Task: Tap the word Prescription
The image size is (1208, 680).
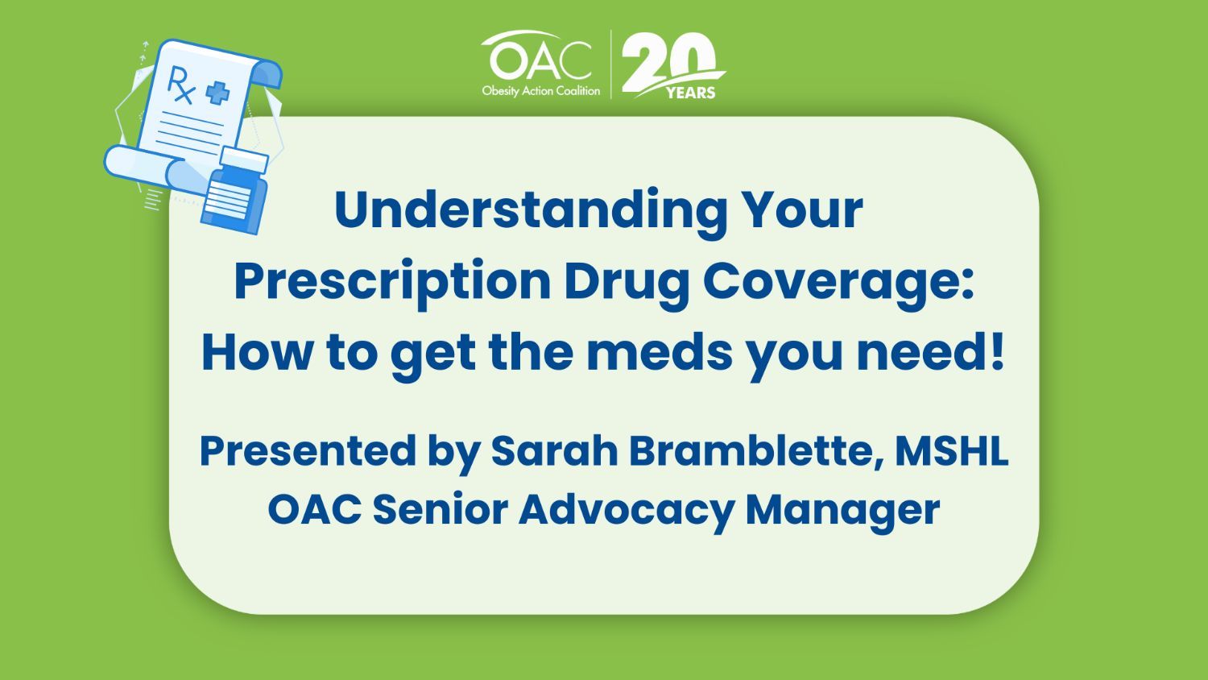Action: click(x=392, y=283)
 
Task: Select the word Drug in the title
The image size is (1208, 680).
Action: click(x=627, y=283)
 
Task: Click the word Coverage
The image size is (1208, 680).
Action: click(x=838, y=283)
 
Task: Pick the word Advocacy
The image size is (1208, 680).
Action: click(x=626, y=510)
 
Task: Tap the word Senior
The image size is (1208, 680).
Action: click(x=441, y=509)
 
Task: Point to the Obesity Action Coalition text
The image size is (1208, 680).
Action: click(x=541, y=91)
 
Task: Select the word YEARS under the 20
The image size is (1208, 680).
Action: click(x=690, y=93)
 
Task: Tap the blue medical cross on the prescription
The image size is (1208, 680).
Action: click(x=217, y=93)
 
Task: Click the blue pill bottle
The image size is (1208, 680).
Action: click(x=236, y=190)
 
